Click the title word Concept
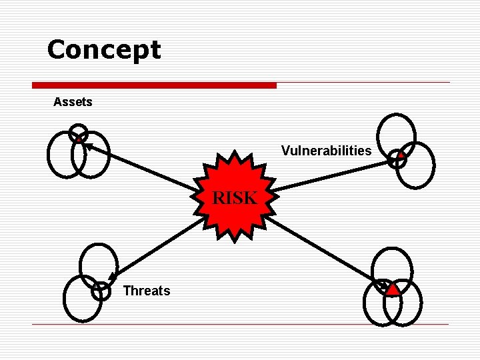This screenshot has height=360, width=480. (x=104, y=50)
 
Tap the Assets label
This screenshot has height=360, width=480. (x=73, y=102)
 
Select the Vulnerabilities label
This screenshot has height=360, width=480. (x=326, y=151)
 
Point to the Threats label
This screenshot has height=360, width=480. (x=147, y=291)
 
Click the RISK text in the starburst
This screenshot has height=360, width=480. (x=234, y=198)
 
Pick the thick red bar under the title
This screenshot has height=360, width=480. (x=154, y=85)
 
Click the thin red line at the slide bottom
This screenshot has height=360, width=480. (x=240, y=325)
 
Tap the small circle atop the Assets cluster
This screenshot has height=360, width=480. (x=78, y=133)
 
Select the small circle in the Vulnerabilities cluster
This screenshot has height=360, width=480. (x=398, y=158)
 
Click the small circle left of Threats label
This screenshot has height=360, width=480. (x=101, y=291)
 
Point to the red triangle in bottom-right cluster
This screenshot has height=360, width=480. (x=393, y=289)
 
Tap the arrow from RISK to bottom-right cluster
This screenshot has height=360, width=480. (x=327, y=250)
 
